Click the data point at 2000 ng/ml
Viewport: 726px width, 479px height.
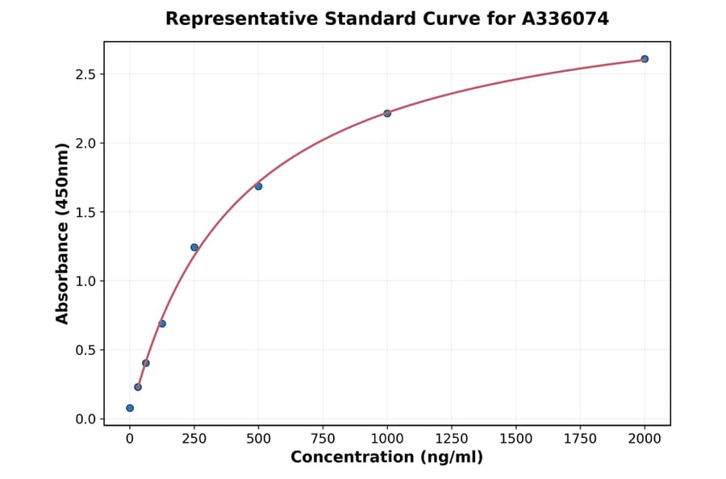(645, 59)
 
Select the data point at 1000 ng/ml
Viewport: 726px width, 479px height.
(387, 113)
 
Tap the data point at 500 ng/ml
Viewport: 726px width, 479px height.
(258, 186)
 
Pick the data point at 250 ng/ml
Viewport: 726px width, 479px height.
(194, 247)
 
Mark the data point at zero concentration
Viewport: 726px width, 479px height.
(130, 408)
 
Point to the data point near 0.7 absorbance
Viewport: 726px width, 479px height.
(162, 323)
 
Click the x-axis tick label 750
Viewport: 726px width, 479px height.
(323, 439)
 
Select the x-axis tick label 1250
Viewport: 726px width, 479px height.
(452, 439)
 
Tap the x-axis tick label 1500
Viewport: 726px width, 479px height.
(516, 439)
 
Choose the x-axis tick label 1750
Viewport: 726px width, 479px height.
(580, 439)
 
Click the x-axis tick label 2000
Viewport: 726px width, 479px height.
(645, 439)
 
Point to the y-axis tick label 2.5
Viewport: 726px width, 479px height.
(85, 74)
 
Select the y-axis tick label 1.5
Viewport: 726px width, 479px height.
(85, 212)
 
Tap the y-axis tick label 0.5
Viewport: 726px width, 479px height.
(85, 350)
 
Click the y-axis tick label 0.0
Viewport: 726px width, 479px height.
(85, 419)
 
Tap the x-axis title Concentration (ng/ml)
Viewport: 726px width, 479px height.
(386, 458)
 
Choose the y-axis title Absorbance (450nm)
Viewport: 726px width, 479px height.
(63, 234)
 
